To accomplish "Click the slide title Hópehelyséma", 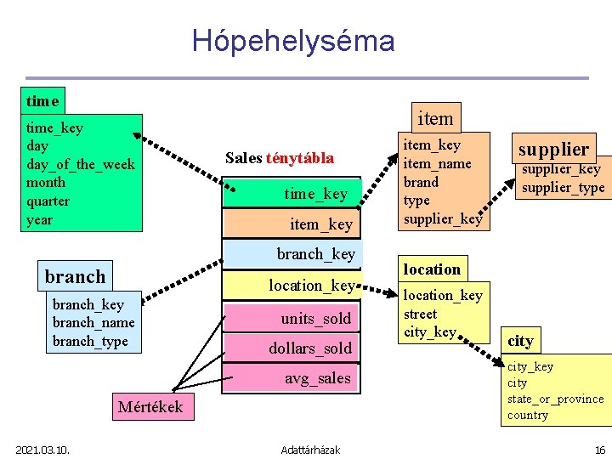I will coord(293,41).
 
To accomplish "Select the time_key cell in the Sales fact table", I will coord(315,194).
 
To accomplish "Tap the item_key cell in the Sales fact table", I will coord(320,224).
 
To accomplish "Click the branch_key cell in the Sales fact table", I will coord(315,254).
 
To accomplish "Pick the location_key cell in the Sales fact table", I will coord(311,286).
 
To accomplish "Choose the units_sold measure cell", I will coord(315,318).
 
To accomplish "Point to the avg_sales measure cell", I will coord(317,378).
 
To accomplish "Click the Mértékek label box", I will coord(150,406).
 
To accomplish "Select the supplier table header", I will coord(553,149).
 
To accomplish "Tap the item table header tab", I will coord(435,118).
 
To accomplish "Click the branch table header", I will coord(76,276).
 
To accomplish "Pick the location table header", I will coord(432,269).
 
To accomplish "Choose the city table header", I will coord(520,341).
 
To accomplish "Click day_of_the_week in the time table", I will coord(81,164).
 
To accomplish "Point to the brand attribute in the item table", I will coord(421,182).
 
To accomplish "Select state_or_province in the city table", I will coord(555,399).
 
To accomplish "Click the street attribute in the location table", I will coord(420,314).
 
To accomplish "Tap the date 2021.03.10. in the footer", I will coord(42,449).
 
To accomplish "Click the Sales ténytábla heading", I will coord(280,158).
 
